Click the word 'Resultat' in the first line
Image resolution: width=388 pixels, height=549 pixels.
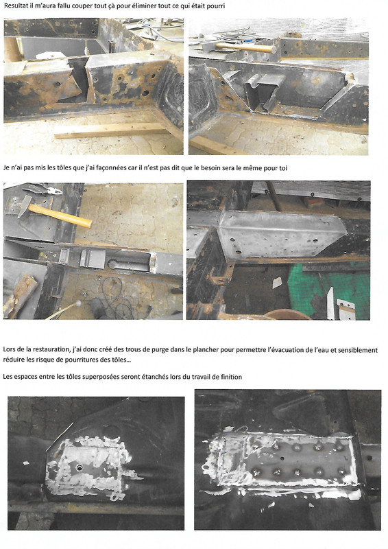pos(16,6)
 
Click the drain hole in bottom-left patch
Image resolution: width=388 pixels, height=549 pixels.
pos(82,467)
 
